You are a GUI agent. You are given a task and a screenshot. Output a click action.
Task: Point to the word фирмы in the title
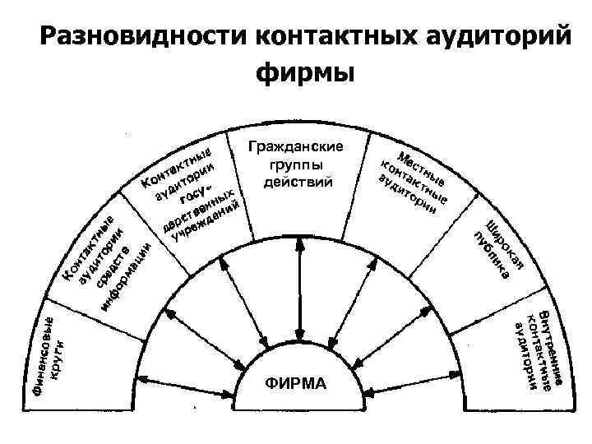coord(305,72)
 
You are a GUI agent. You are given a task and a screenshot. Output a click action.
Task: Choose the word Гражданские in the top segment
coord(297,146)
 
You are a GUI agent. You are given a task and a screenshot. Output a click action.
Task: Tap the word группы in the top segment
coord(297,164)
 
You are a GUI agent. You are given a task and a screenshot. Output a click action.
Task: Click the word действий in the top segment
coord(297,181)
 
